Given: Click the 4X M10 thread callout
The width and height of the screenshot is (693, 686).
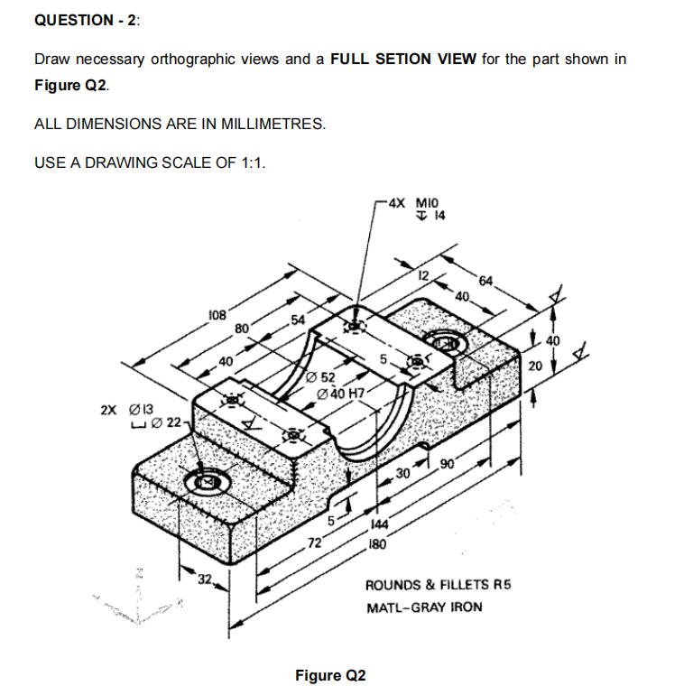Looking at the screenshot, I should (x=413, y=203).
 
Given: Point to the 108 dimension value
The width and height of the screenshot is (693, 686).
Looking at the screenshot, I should (x=217, y=315).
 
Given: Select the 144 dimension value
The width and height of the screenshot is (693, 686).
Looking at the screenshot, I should (x=379, y=531).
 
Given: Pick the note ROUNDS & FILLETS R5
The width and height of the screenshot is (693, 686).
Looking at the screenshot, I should (x=438, y=585).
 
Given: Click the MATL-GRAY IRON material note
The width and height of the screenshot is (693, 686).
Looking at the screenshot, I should (x=424, y=607).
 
